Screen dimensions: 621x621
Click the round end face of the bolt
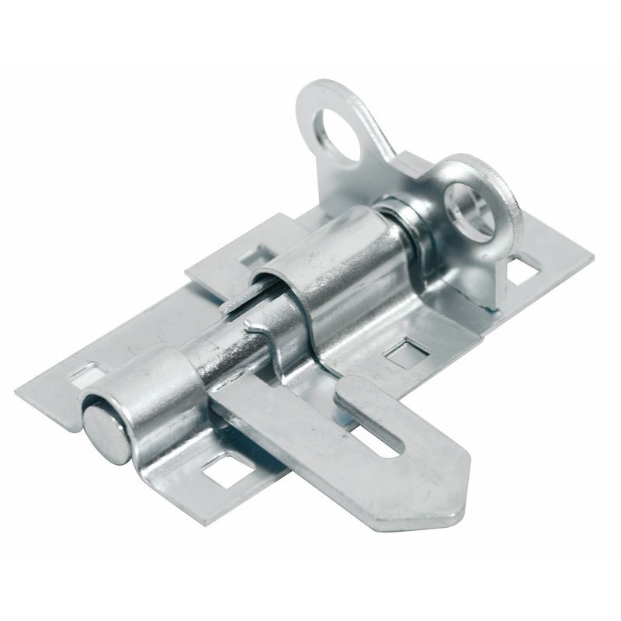[x=107, y=435]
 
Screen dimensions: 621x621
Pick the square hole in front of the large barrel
[x=407, y=353]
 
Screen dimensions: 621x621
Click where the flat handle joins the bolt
[x=225, y=404]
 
